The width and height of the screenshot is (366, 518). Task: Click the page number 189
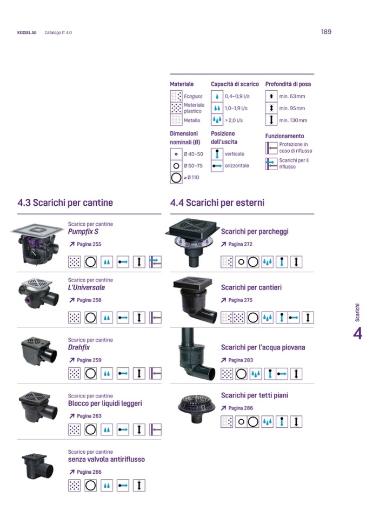(x=326, y=32)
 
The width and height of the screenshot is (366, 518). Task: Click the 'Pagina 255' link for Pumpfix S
(x=85, y=244)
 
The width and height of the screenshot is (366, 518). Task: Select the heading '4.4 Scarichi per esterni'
(x=217, y=203)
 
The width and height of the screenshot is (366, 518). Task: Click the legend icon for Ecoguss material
(x=176, y=96)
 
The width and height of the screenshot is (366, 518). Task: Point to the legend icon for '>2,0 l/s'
(x=217, y=119)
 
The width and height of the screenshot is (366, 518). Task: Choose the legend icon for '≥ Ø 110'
(x=176, y=178)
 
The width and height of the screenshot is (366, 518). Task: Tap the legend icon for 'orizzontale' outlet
(x=217, y=165)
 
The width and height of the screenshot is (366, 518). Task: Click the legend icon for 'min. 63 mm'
(x=271, y=96)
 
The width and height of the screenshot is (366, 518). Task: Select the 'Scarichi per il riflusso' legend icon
(x=271, y=164)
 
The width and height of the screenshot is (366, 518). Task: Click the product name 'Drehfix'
(x=79, y=347)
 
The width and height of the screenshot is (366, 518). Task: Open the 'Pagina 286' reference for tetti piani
(x=237, y=408)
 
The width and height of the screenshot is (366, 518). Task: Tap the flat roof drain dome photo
(x=196, y=408)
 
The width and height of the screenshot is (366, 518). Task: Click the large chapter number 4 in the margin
(x=357, y=334)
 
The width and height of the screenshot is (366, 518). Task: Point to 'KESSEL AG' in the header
(x=27, y=33)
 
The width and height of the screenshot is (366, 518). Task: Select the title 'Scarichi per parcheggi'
(x=255, y=231)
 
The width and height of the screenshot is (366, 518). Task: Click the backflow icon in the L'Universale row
(x=155, y=318)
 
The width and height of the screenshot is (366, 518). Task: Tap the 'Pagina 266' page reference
(x=85, y=472)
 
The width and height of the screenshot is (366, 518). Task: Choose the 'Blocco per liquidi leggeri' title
(x=105, y=403)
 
